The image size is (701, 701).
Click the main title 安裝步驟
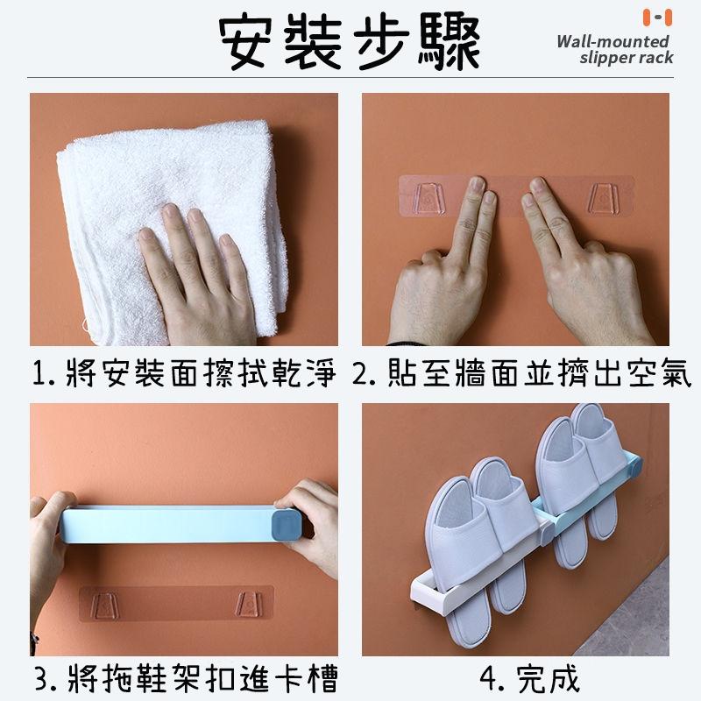tap(350, 42)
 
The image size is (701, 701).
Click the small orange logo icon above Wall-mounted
tap(656, 17)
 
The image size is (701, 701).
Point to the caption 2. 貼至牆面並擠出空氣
tap(522, 376)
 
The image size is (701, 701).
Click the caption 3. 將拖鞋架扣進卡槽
tap(184, 678)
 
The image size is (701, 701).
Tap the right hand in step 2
tap(578, 272)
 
